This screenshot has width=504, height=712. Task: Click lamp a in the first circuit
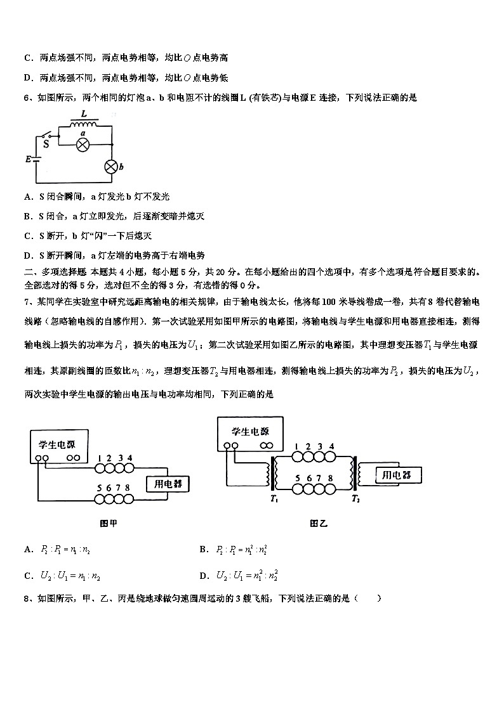click(x=83, y=145)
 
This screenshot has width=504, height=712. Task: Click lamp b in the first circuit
click(x=111, y=167)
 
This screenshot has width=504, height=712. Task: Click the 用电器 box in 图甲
click(x=169, y=484)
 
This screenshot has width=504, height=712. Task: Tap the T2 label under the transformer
click(x=355, y=500)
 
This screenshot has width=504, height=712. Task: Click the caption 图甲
click(x=109, y=524)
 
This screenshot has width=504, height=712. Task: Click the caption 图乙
click(x=318, y=524)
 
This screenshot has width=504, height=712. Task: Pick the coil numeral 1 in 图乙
click(x=296, y=446)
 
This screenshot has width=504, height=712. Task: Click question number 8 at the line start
click(x=27, y=598)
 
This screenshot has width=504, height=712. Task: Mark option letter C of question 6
click(x=28, y=235)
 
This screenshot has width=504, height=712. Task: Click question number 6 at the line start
click(x=27, y=98)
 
